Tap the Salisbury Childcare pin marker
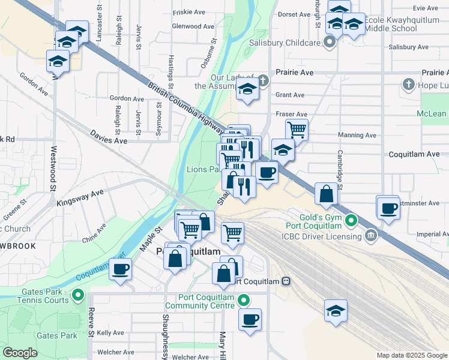point(329,42)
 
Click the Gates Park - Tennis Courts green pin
point(78,295)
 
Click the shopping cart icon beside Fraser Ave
point(297,129)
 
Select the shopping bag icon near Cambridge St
point(326,194)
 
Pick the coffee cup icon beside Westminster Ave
point(389,209)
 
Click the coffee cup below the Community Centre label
point(250,319)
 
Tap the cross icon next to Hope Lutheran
point(409,85)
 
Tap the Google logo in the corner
point(20,353)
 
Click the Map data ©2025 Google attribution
point(411,355)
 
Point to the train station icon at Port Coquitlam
point(287,281)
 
